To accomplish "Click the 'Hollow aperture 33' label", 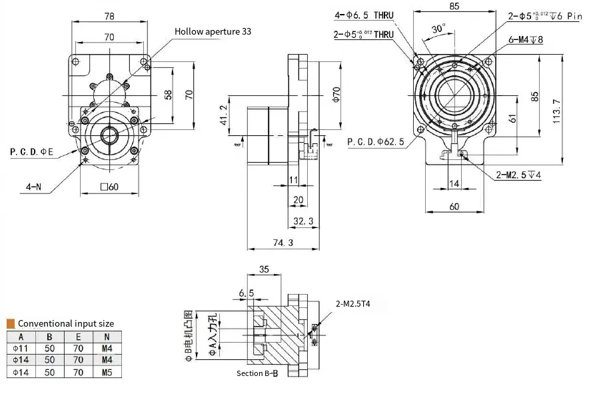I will tap(213, 31).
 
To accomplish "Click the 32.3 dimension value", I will tap(302, 221).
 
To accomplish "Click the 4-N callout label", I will tap(34, 187).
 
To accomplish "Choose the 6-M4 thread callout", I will tap(526, 39).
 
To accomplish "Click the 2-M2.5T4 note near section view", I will tap(353, 303).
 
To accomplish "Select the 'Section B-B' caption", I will tap(257, 373).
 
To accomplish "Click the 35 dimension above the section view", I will tap(263, 270).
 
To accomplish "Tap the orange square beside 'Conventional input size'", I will tap(11, 323).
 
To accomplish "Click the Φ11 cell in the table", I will tap(21, 348).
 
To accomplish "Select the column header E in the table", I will tap(78, 336).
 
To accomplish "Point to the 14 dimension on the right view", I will tap(454, 183).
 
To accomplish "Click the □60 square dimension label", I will tap(109, 187).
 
